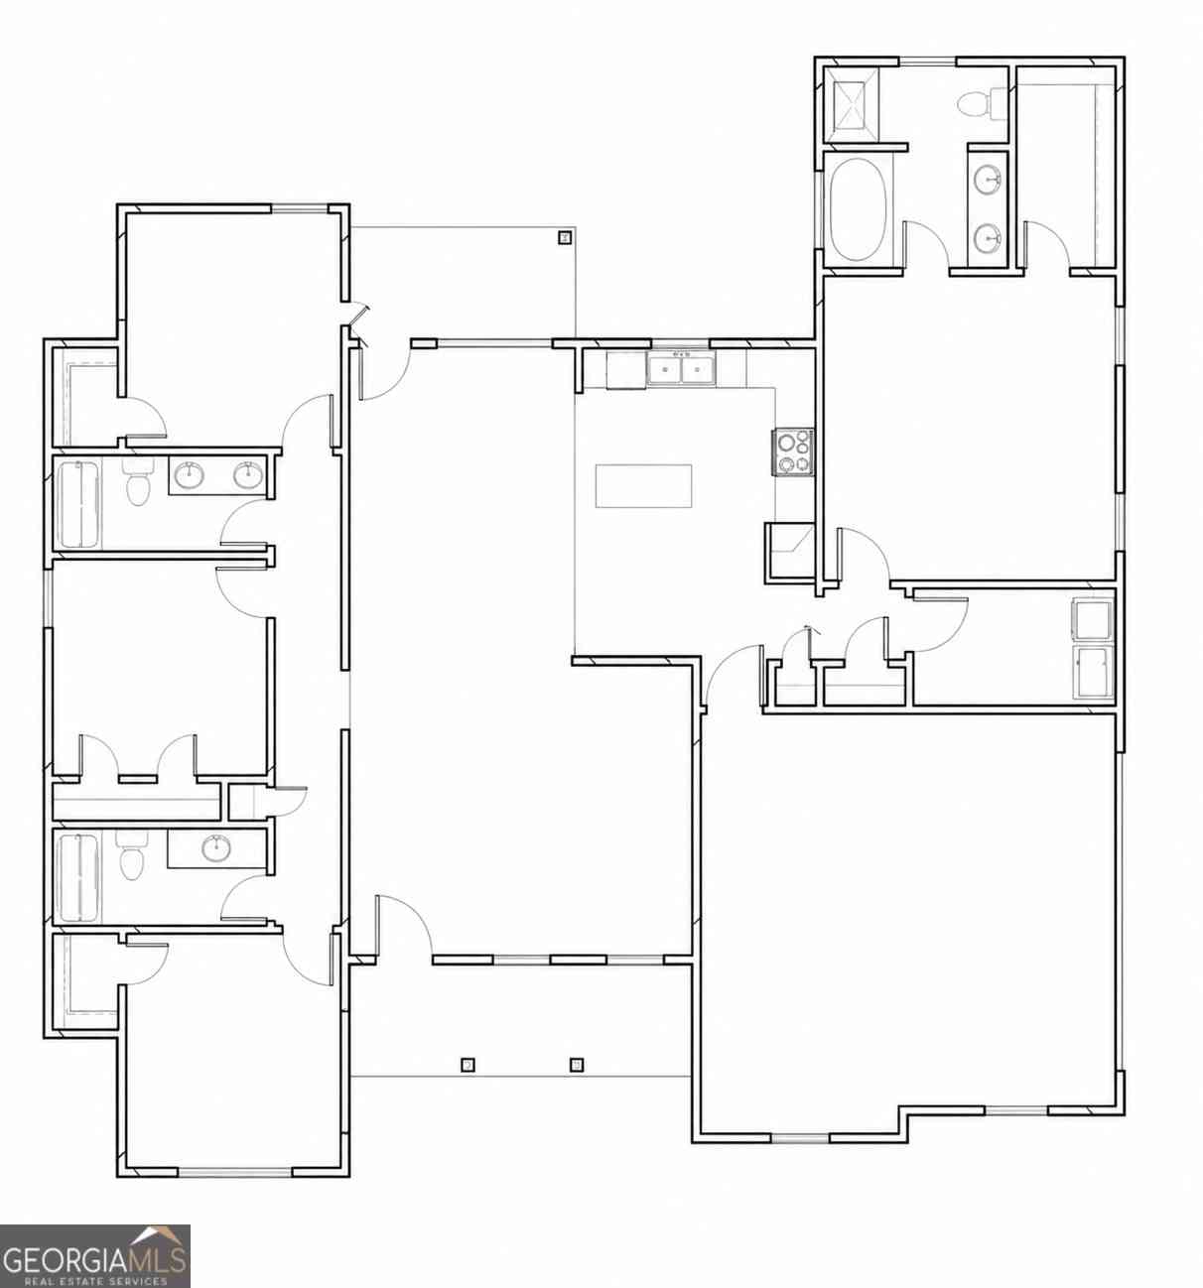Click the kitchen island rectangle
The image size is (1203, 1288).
point(643,485)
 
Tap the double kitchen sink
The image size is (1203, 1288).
point(679,370)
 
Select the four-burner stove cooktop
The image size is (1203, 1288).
point(792,452)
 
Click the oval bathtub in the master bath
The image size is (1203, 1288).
point(858,209)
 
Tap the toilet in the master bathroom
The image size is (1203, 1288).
point(981,104)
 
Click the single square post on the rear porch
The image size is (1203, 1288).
point(565,238)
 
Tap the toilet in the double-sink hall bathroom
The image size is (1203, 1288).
point(136,480)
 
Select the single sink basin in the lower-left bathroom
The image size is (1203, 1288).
point(215,848)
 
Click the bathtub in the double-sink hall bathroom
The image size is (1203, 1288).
point(80,503)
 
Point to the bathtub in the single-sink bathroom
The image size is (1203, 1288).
point(79,877)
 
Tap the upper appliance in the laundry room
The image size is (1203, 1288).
point(1092,620)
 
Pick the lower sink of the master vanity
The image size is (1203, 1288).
point(988,238)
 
